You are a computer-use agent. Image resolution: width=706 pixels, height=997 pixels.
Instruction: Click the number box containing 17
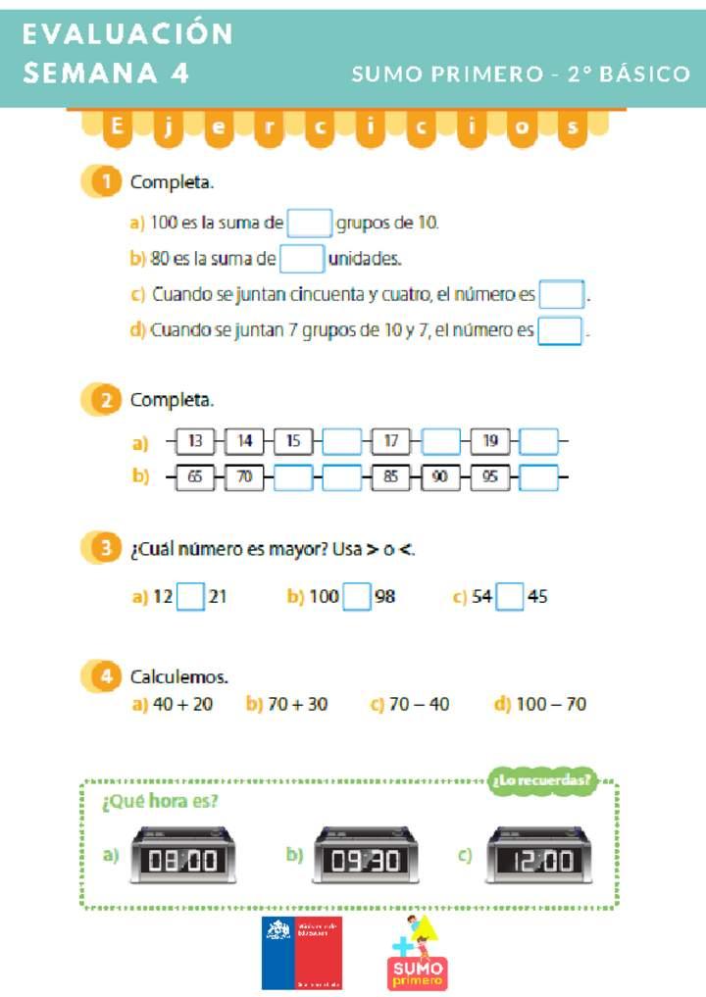click(x=391, y=442)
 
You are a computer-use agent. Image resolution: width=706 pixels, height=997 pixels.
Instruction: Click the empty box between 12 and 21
click(x=190, y=596)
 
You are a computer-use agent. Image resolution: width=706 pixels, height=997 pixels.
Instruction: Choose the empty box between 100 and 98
click(x=357, y=596)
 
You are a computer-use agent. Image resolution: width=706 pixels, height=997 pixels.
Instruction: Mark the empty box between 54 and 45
click(x=510, y=596)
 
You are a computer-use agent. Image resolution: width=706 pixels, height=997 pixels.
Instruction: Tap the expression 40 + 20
click(x=182, y=704)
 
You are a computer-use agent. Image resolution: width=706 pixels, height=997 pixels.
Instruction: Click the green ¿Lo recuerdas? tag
click(x=541, y=780)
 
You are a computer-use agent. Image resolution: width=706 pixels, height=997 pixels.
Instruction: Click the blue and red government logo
click(x=301, y=953)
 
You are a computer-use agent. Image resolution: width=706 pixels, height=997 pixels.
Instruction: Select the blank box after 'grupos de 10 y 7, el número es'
click(x=560, y=330)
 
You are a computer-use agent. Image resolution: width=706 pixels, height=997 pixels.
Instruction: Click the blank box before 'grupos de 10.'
click(x=310, y=223)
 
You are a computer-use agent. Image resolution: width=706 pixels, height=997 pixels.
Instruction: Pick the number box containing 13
click(x=195, y=442)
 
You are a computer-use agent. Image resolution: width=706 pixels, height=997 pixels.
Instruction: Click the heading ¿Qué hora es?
click(x=160, y=802)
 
